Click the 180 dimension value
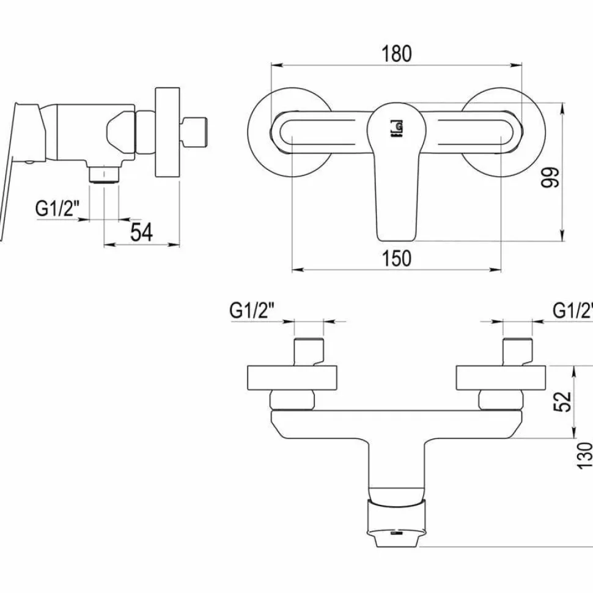click(x=396, y=54)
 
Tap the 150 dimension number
click(x=396, y=259)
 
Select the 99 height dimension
click(x=550, y=177)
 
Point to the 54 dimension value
click(x=141, y=232)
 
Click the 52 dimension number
click(x=562, y=402)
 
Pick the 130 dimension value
click(x=584, y=455)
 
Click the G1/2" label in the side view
click(x=57, y=208)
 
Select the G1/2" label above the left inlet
click(x=251, y=311)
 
